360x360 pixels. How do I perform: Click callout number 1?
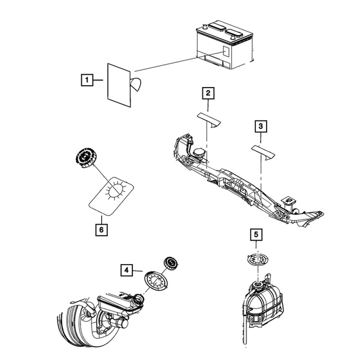(x=86, y=78)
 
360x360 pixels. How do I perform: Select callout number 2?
(x=208, y=92)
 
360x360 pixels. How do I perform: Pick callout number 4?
(x=126, y=270)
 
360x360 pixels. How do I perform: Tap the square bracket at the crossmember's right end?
(x=290, y=200)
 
